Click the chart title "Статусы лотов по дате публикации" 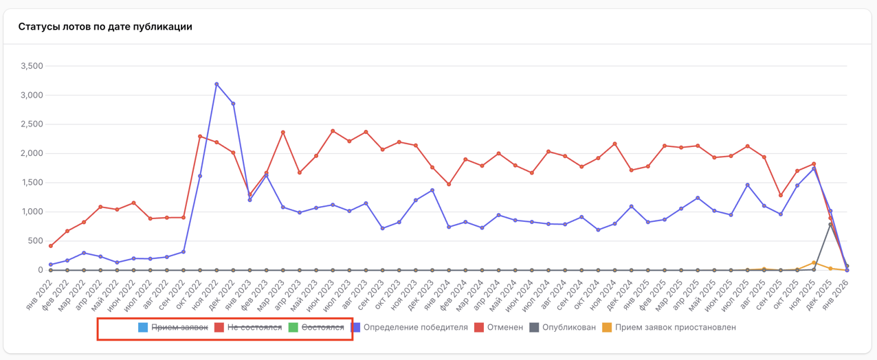click(x=105, y=27)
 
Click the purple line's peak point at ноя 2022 click(x=217, y=85)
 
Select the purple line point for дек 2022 click(x=233, y=104)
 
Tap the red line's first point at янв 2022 click(x=51, y=246)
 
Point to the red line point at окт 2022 click(x=200, y=136)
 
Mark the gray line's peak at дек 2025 click(x=830, y=224)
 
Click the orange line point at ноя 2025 click(x=814, y=262)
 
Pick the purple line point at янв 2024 click(x=449, y=227)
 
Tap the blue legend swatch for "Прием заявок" click(x=143, y=328)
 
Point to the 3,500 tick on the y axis click(x=32, y=67)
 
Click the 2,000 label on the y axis click(x=32, y=154)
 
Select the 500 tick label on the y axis click(x=35, y=241)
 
